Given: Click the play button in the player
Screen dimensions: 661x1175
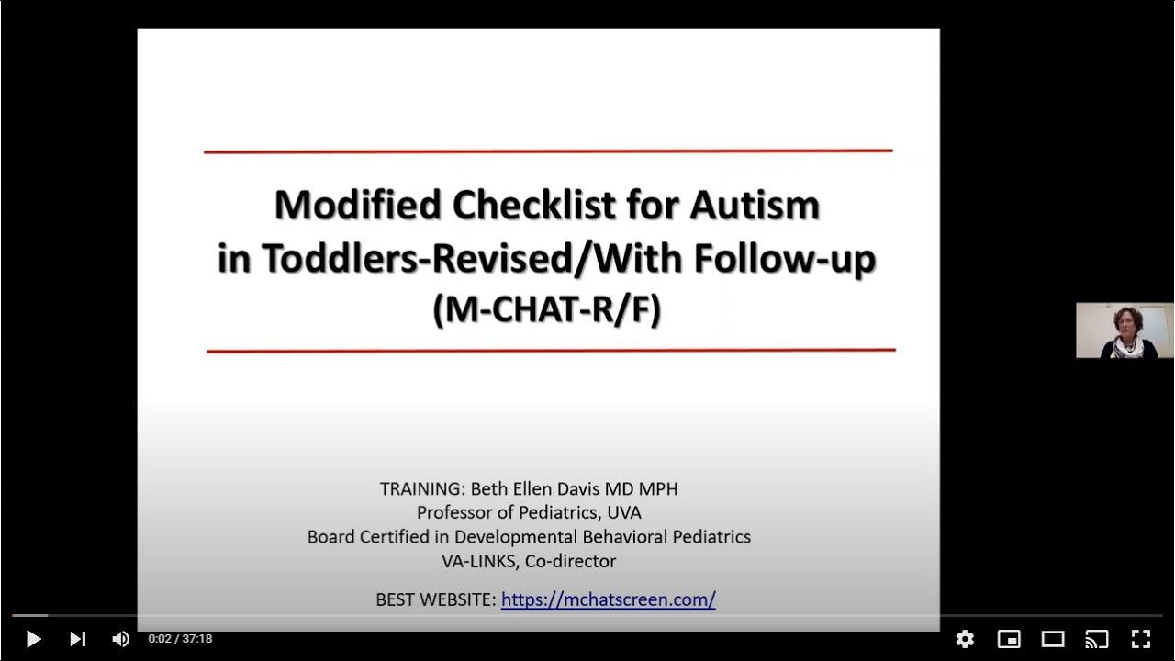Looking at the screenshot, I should tap(33, 639).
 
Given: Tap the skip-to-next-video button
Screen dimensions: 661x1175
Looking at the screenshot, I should tap(78, 639).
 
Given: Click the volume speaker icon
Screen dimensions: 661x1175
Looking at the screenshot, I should tap(120, 639).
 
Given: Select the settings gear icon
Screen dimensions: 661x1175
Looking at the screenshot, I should tap(965, 639).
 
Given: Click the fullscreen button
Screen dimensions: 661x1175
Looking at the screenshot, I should tap(1140, 639).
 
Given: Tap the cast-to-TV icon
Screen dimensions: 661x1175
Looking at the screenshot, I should tap(1097, 639).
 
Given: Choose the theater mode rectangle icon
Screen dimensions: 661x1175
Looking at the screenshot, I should tap(1053, 639).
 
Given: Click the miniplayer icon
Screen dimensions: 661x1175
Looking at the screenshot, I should tap(1009, 639).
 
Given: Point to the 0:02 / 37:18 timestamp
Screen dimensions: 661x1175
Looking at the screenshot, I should tap(180, 639).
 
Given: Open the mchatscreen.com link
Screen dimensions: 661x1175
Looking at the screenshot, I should tap(608, 599).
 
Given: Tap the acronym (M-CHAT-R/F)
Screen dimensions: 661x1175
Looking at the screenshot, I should tap(547, 311).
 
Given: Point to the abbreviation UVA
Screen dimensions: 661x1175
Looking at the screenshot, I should tap(623, 512).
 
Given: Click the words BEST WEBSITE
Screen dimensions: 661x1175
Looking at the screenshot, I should tap(435, 599).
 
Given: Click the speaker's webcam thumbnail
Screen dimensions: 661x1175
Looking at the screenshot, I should tap(1125, 330).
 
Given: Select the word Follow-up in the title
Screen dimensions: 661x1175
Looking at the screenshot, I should tap(785, 260).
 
